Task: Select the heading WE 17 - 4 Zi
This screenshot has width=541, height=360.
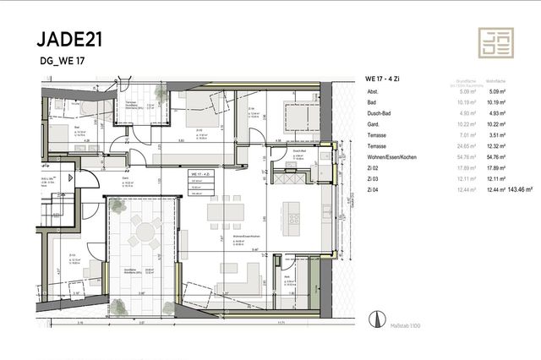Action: tap(385, 78)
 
